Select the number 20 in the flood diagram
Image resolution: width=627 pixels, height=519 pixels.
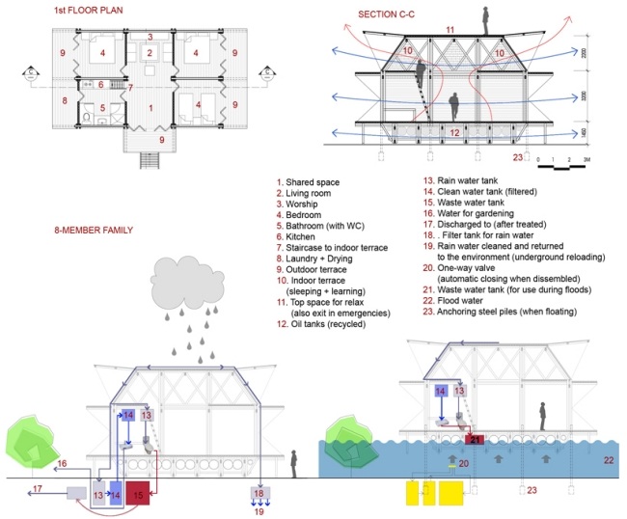(x=462, y=463)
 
